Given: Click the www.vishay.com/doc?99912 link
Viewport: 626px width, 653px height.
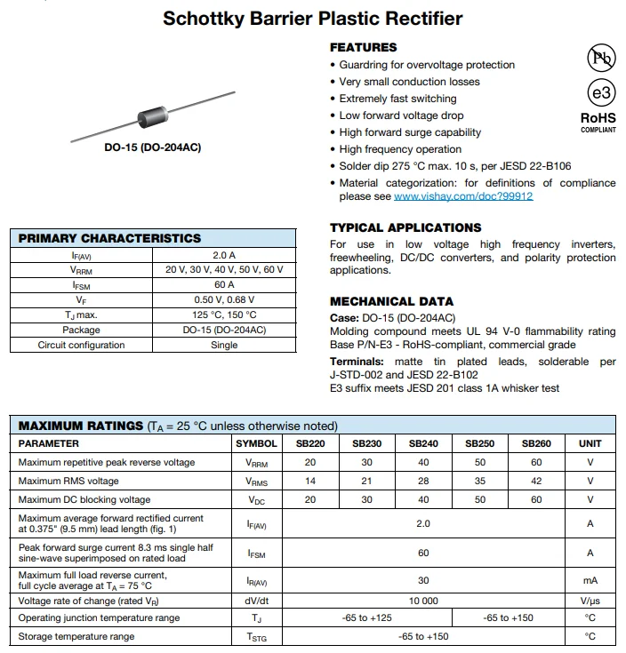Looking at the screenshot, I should (x=463, y=196).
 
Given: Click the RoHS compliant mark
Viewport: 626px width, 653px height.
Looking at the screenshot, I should (x=598, y=121).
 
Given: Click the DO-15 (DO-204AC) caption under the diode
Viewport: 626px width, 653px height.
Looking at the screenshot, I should (x=153, y=147).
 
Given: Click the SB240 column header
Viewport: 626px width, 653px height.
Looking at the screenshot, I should (x=423, y=443).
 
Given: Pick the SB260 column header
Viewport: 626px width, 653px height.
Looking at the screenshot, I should (x=536, y=443).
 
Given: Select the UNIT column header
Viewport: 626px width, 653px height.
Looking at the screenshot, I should (x=590, y=443).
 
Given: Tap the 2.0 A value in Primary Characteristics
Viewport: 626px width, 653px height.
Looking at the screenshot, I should (x=224, y=255).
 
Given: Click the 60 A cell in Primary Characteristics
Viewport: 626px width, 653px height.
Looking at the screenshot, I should (x=224, y=285).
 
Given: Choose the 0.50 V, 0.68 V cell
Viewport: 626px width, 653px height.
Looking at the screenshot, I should (x=224, y=300).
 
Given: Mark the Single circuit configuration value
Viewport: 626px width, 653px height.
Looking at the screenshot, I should (x=224, y=346).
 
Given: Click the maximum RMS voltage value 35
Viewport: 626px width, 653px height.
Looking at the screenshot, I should (x=480, y=481).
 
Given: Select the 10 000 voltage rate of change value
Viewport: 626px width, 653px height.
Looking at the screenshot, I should (x=423, y=601).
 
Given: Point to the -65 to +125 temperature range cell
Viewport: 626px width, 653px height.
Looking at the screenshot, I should (x=366, y=617).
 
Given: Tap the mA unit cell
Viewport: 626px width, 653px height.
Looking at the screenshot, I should (x=590, y=580).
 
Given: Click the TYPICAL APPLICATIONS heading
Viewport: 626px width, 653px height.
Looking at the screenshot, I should (x=405, y=227).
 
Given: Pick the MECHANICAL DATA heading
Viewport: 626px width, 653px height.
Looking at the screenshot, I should (x=391, y=301).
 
